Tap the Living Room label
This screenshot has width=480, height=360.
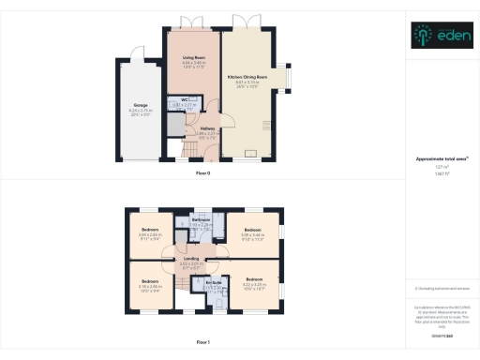click(193, 58)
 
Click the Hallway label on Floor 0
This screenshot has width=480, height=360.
click(207, 128)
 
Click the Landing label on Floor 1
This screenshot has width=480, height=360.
click(191, 259)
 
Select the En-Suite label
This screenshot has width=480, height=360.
click(211, 282)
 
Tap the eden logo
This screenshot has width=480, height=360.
click(440, 37)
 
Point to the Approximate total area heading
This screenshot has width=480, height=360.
click(440, 159)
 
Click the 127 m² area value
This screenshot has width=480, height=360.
click(440, 168)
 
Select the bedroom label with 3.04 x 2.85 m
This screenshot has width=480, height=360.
click(151, 229)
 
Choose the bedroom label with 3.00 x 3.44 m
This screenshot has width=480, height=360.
click(251, 230)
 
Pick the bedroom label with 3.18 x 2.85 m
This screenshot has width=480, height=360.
click(151, 280)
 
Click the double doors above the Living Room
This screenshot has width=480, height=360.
click(192, 21)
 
